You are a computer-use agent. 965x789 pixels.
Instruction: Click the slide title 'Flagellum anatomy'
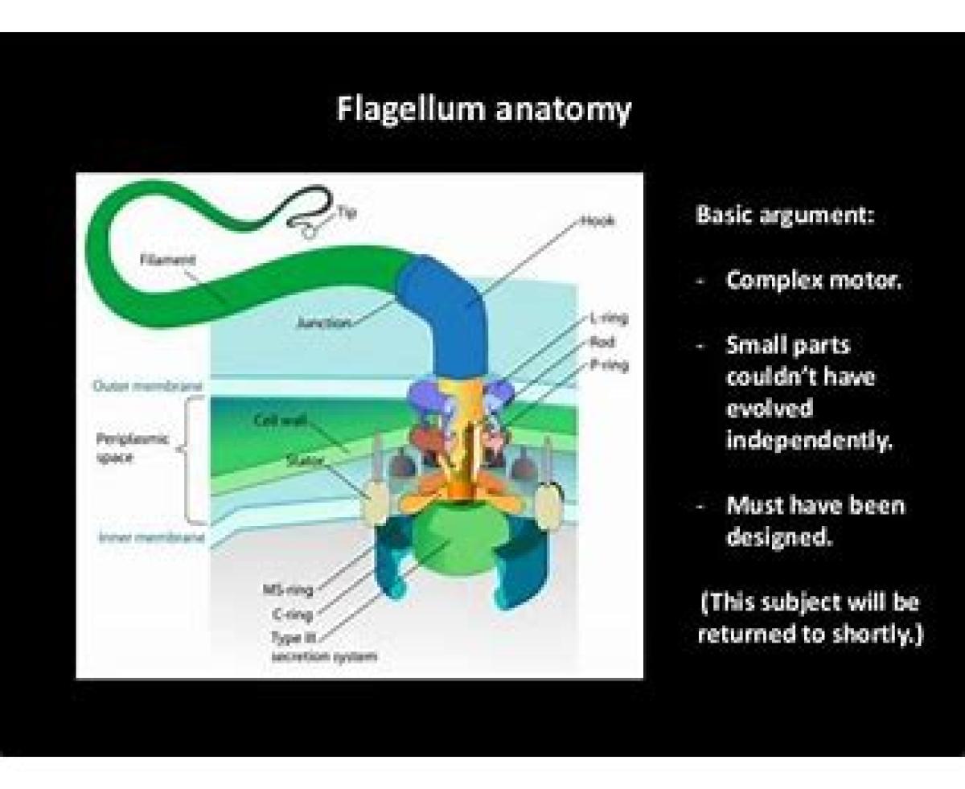483,109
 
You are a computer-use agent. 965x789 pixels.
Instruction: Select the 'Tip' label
347,212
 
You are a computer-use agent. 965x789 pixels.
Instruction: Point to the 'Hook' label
597,220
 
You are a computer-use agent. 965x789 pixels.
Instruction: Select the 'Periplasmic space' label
121,448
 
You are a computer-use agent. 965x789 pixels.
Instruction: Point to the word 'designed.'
778,536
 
